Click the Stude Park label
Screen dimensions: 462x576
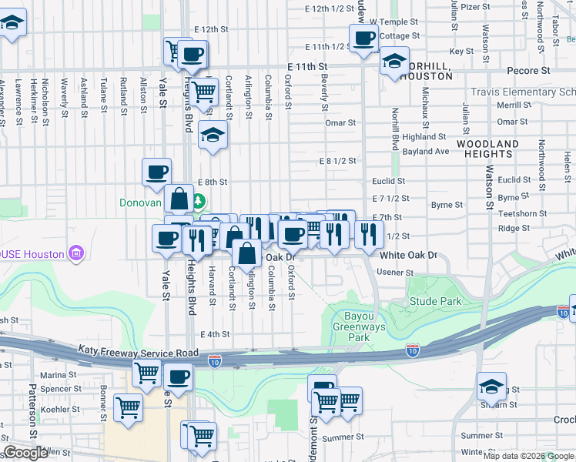coord(435,301)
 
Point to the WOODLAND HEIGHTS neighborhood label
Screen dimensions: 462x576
coord(487,149)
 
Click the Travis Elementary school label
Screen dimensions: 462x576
coord(524,92)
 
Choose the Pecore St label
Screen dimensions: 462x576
coord(528,70)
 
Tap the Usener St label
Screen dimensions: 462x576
coord(394,273)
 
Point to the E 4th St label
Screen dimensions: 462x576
coord(215,334)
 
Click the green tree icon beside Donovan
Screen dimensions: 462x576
coord(199,202)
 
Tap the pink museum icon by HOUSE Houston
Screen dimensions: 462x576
coord(75,253)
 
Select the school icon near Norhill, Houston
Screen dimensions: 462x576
coord(393,62)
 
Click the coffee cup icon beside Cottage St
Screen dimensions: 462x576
coord(364,37)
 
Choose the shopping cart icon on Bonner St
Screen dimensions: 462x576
coord(128,407)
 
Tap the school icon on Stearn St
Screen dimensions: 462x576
coord(491,386)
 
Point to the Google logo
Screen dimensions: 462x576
coord(25,453)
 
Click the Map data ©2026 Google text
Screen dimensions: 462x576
coord(528,456)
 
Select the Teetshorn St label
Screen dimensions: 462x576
coord(521,213)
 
